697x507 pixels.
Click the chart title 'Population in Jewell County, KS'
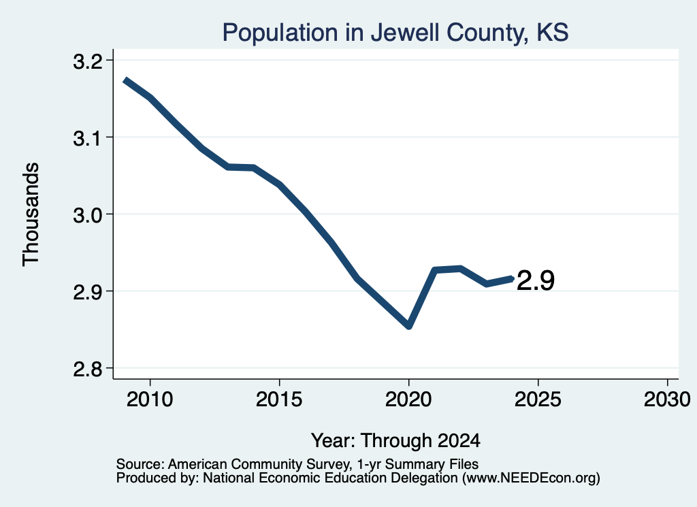point(395,33)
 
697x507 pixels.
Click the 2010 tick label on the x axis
point(150,399)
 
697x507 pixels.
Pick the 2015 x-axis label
point(279,399)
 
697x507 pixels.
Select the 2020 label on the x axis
point(408,399)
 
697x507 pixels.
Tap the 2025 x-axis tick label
point(538,399)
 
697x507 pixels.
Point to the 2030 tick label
point(667,399)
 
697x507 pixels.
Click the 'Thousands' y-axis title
point(31,214)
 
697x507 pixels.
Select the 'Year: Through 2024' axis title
point(395,440)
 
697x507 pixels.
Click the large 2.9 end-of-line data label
point(536,281)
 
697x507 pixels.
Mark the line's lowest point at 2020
point(409,327)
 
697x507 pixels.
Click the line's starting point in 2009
point(125,80)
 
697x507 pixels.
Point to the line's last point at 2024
point(512,278)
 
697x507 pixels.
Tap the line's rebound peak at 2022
point(461,268)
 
